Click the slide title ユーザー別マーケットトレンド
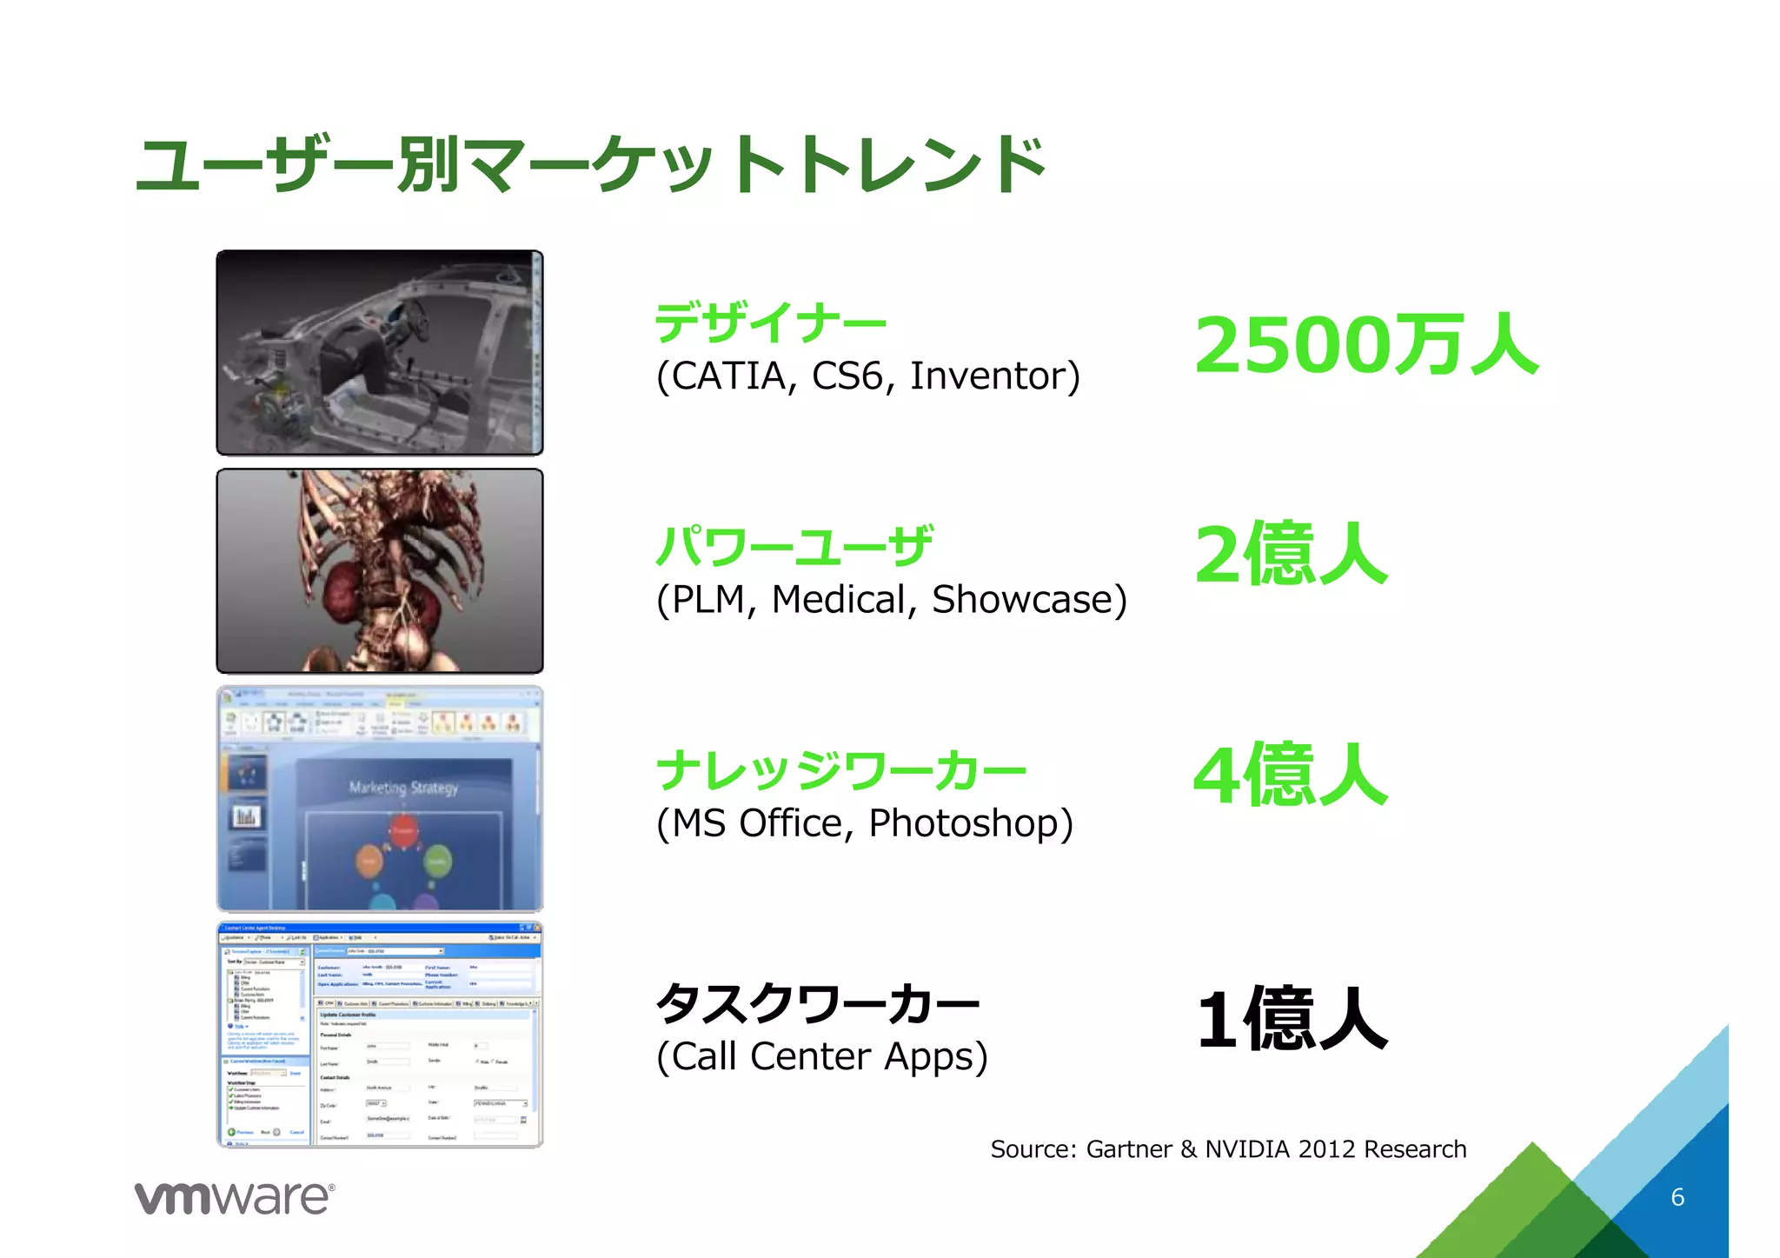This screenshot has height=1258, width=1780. click(x=591, y=165)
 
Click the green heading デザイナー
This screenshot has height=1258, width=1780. click(x=770, y=323)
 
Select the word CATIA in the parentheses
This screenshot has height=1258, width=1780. click(x=728, y=376)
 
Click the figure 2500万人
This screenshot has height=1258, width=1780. click(x=1366, y=345)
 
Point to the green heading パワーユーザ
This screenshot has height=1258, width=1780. click(x=794, y=547)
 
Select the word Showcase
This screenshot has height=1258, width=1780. click(x=1022, y=600)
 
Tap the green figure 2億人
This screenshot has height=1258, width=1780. click(x=1291, y=554)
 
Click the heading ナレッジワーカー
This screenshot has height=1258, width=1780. click(x=841, y=771)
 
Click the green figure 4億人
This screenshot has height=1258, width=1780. click(x=1291, y=775)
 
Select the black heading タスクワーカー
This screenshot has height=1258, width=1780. click(x=818, y=1004)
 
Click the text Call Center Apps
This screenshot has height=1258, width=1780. click(x=822, y=1057)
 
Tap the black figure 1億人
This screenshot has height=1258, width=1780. click(x=1292, y=1020)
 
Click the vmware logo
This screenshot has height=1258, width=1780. click(x=235, y=1198)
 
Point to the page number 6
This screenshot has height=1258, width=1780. click(x=1677, y=1197)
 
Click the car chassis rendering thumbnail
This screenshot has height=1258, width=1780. click(x=380, y=353)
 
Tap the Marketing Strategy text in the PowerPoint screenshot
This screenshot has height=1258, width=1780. click(x=403, y=788)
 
